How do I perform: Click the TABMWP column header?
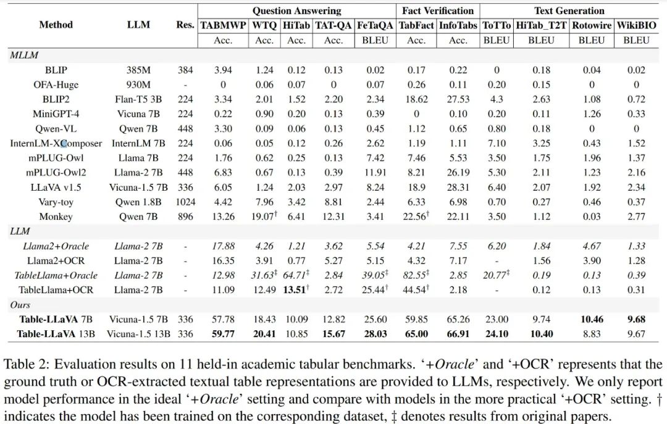tap(223, 25)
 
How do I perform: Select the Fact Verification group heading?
tap(437, 10)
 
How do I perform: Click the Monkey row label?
tap(56, 217)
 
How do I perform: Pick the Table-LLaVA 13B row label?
tap(56, 334)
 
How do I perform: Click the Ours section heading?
tap(20, 305)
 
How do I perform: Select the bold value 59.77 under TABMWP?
tap(223, 334)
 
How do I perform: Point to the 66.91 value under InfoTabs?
tap(458, 334)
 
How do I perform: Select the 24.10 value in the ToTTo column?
tap(496, 334)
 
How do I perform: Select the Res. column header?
tap(185, 25)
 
